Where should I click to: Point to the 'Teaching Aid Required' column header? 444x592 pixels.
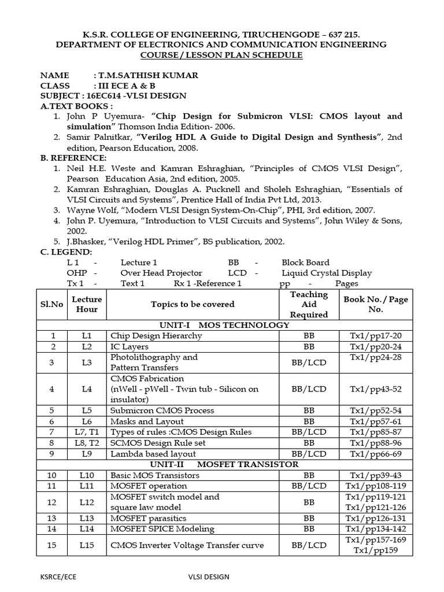pos(309,304)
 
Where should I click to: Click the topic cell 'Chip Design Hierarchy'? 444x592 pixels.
pos(156,335)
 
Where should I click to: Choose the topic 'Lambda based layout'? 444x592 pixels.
pos(149,454)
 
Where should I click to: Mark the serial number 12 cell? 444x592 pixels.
pos(53,502)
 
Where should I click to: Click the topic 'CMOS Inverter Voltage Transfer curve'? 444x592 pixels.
pos(187,545)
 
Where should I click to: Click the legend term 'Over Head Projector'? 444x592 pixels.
pos(161,273)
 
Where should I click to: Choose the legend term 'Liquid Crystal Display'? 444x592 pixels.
pos(327,273)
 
